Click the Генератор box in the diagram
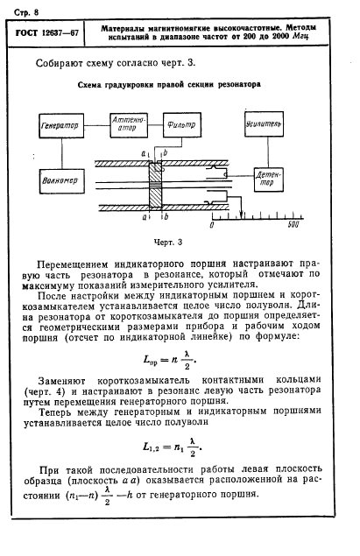point(60,127)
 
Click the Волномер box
point(59,181)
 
